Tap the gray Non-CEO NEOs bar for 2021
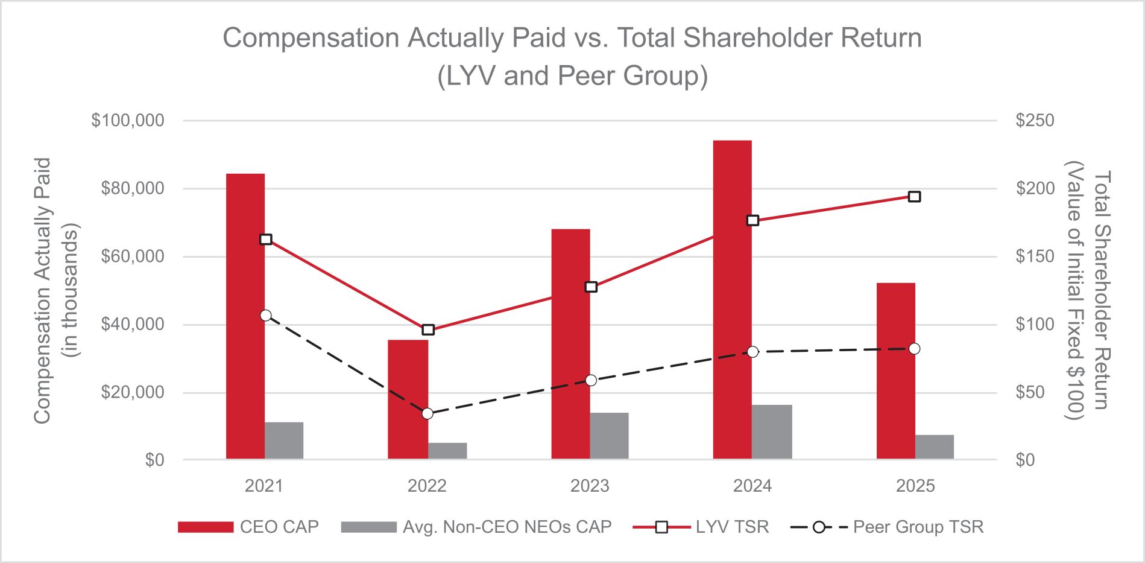[x=284, y=441]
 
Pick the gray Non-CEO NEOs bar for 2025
[x=934, y=447]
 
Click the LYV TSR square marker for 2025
[x=914, y=197]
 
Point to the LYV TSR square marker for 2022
[x=428, y=329]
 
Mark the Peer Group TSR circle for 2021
[x=266, y=316]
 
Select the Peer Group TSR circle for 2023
[x=591, y=380]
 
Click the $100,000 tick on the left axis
[x=128, y=121]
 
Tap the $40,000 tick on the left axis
[x=133, y=325]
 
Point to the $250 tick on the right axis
[x=1035, y=121]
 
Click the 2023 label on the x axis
[x=590, y=486]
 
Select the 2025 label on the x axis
[x=915, y=486]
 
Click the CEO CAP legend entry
[x=248, y=527]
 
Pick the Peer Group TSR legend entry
[x=886, y=527]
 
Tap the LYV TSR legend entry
[x=701, y=527]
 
